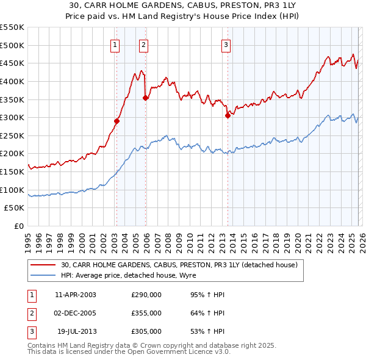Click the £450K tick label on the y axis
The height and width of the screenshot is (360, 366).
12,63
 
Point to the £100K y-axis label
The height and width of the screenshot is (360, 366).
12,190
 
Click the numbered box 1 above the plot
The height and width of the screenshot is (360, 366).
116,43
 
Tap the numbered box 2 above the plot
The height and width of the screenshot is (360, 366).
143,43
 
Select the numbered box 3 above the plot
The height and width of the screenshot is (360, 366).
226,43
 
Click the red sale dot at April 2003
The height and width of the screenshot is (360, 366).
117,121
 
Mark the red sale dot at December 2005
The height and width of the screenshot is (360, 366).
145,98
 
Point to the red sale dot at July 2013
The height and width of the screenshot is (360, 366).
227,115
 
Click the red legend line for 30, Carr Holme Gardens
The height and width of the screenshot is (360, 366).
44,265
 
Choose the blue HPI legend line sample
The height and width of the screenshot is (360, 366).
44,275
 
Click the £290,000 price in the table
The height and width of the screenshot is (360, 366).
146,295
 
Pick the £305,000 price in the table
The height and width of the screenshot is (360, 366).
146,331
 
